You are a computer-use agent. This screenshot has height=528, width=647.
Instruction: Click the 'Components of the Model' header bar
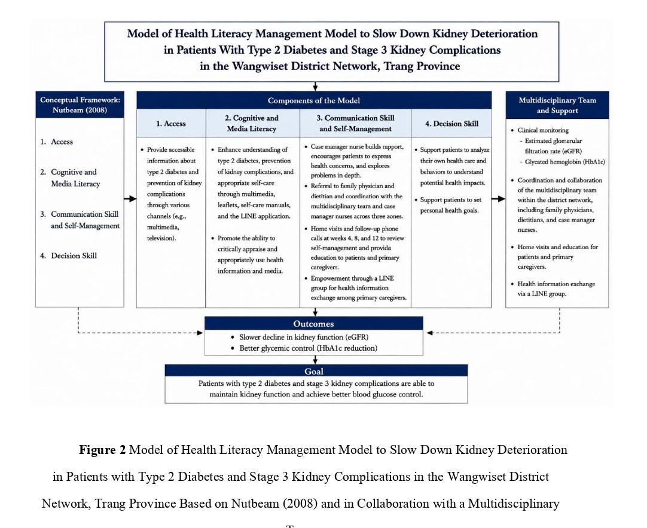point(314,100)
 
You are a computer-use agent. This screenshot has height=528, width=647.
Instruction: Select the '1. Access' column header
point(171,123)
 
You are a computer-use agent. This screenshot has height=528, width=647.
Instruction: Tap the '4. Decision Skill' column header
point(451,123)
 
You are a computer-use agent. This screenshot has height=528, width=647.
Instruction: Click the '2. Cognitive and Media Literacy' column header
point(252,123)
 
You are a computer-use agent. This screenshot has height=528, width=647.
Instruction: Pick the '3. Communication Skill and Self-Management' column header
point(355,123)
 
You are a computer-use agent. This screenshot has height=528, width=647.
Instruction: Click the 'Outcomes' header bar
point(313,324)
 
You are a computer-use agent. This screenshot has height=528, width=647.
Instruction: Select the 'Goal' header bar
point(316,371)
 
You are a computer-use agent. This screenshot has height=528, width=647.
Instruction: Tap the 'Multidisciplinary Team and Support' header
point(557,105)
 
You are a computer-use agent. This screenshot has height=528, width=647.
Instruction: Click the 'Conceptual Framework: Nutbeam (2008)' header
point(80,105)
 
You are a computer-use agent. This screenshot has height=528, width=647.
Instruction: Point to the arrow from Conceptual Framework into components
point(130,199)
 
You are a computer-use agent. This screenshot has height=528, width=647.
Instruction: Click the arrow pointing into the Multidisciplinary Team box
point(499,199)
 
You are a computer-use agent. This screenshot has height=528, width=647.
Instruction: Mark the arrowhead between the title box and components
point(315,88)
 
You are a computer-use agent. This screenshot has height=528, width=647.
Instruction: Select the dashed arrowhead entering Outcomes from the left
point(200,333)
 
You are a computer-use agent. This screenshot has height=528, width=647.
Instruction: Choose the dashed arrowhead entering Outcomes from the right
point(429,333)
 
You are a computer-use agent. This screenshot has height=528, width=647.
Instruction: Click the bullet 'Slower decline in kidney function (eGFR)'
point(300,337)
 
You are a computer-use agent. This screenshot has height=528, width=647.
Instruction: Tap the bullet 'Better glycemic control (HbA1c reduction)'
point(304,348)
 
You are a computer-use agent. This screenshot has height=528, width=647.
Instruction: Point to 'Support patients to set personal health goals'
point(448,205)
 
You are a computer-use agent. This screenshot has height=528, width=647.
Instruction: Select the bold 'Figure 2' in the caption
point(102,449)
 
